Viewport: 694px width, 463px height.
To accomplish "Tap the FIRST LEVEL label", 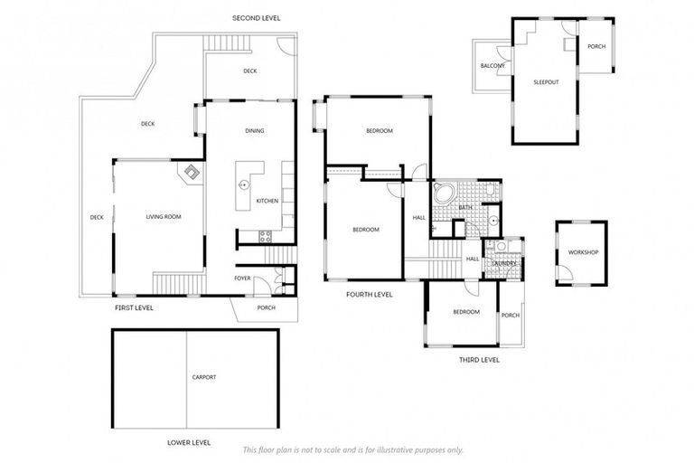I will [134, 308].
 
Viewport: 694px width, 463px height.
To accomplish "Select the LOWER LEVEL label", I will [189, 442].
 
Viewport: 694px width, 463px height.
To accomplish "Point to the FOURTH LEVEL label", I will [370, 294].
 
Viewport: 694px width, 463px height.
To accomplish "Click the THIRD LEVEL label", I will [478, 359].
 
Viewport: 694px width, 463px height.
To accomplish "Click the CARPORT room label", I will [204, 377].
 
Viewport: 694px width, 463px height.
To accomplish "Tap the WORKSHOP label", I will [583, 252].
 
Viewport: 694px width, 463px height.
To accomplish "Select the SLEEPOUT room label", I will [546, 82].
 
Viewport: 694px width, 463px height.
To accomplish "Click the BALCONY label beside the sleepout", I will [492, 66].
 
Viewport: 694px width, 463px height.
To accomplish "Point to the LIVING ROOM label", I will [164, 217].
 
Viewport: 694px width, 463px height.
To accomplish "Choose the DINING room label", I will [255, 131].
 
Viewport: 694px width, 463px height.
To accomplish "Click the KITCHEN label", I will [267, 201].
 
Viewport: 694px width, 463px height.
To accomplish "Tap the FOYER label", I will [242, 278].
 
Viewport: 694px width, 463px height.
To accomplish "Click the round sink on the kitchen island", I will [243, 184].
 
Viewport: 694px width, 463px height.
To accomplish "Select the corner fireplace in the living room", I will [192, 172].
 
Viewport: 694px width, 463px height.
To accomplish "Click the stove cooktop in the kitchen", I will [266, 237].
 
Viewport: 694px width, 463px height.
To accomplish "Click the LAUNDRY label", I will [503, 263].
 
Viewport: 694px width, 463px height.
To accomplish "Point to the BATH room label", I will [465, 208].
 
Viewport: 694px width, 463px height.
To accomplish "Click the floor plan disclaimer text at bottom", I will [352, 449].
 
